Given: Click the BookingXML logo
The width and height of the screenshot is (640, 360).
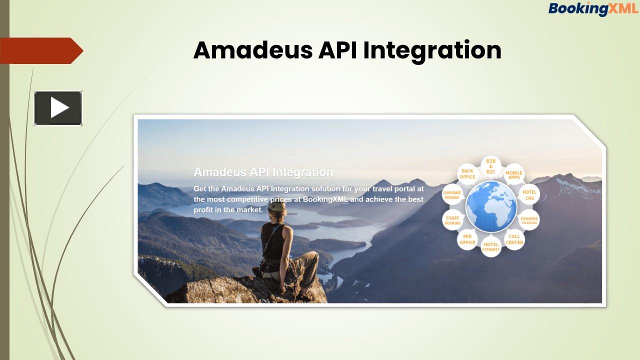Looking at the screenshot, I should [x=593, y=8].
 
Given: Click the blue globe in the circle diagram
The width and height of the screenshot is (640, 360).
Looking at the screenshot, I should [x=491, y=206].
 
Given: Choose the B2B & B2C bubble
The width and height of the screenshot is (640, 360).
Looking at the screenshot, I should [x=491, y=166].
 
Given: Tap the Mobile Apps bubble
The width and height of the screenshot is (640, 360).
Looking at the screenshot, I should [x=514, y=175].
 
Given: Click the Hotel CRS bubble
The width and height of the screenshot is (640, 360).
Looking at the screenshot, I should [x=529, y=195].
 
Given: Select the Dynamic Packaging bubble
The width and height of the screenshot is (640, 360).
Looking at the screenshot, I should [x=529, y=220].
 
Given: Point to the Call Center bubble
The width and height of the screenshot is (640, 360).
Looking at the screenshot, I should [x=514, y=239].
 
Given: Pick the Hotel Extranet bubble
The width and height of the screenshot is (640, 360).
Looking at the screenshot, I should [x=491, y=246].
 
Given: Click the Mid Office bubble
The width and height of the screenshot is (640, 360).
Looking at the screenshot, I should [x=467, y=239].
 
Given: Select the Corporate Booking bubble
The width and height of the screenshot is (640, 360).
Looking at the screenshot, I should [x=452, y=195].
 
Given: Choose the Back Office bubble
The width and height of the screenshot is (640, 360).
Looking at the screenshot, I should [x=467, y=174].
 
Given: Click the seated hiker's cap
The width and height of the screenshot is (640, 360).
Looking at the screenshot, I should [x=276, y=206].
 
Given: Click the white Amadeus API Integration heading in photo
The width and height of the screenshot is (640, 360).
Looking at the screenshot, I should [x=263, y=172].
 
